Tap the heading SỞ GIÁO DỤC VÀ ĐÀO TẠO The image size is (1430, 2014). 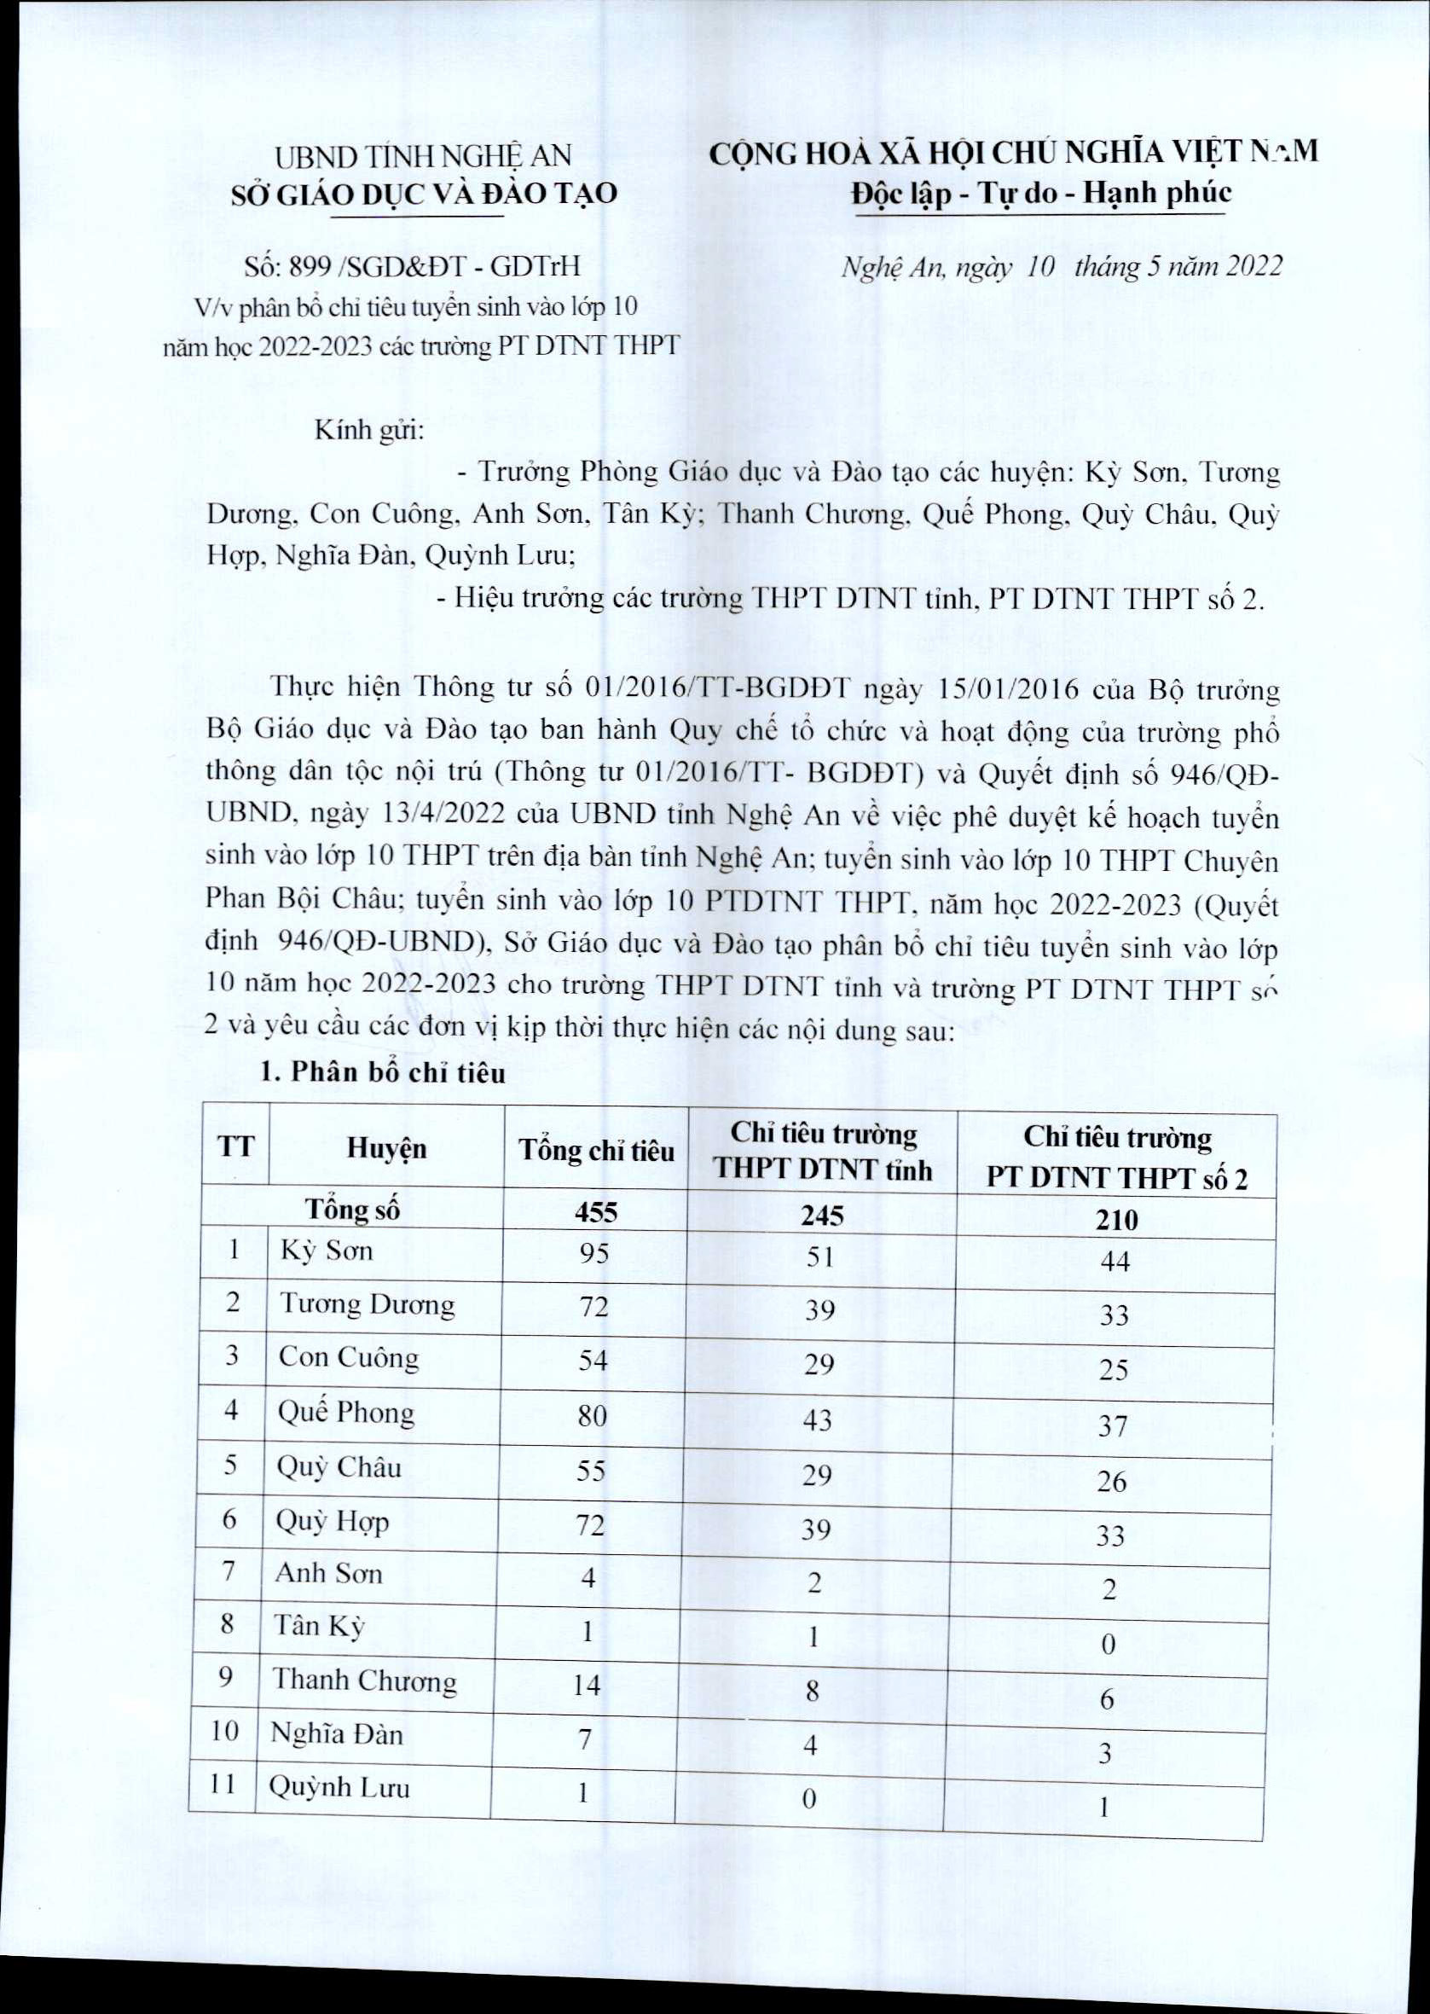425,194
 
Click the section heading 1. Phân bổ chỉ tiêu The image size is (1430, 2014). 383,1072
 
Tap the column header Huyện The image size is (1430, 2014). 386,1147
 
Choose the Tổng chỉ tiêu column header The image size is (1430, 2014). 596,1150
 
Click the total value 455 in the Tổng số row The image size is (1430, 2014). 596,1213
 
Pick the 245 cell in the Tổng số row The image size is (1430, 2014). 822,1216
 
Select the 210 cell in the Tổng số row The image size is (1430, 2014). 1116,1220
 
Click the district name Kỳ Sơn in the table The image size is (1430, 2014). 327,1251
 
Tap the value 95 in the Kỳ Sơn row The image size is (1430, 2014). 594,1253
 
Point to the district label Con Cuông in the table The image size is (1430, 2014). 349,1357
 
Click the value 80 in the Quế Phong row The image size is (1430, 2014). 593,1416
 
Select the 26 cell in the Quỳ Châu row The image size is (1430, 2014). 1111,1481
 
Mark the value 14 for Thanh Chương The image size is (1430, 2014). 587,1686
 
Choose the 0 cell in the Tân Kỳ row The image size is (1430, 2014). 1109,1644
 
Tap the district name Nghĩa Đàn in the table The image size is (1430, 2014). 336,1735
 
